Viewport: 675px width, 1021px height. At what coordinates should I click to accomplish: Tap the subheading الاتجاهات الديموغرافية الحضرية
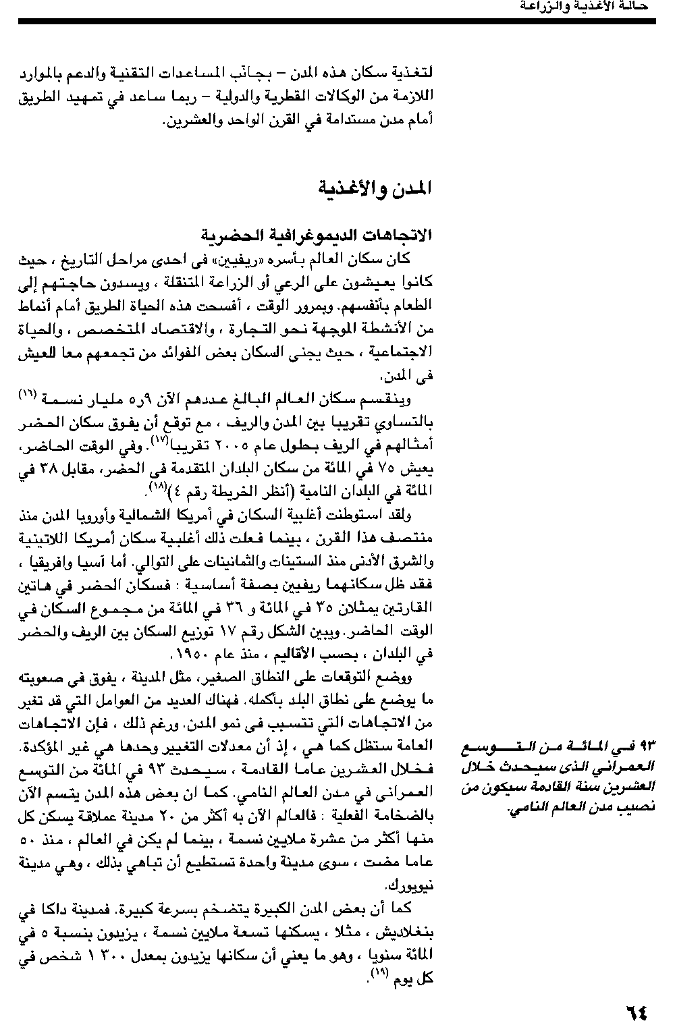click(x=317, y=236)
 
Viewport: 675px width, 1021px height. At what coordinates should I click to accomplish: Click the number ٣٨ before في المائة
click(x=44, y=469)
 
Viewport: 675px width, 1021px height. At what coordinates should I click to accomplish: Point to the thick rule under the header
click(x=337, y=22)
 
